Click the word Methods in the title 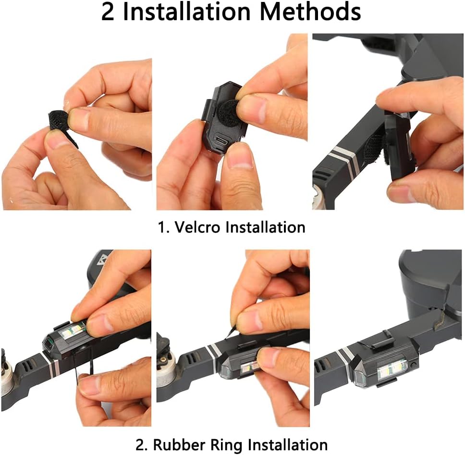[x=310, y=12]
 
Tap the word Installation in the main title [x=187, y=12]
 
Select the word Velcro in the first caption [x=197, y=227]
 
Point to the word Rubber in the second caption [x=179, y=444]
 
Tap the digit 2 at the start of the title [x=108, y=13]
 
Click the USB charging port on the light [x=221, y=140]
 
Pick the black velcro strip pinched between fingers [x=62, y=125]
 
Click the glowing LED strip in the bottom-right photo [x=392, y=369]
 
